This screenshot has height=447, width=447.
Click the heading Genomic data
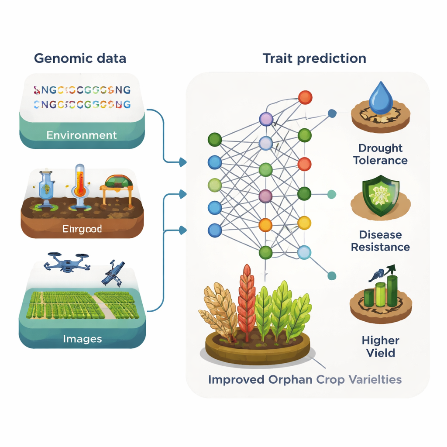tap(80, 58)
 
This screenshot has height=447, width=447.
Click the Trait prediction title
tap(314, 58)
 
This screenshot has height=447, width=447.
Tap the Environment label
tap(82, 135)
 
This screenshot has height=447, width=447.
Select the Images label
tap(82, 339)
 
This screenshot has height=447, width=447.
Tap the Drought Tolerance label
tap(380, 154)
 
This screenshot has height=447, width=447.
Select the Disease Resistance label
tap(380, 241)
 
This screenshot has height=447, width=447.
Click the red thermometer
tap(79, 182)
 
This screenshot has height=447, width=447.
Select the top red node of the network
tap(305, 97)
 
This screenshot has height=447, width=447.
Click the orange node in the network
tap(265, 225)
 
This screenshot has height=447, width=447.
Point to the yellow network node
tap(304, 223)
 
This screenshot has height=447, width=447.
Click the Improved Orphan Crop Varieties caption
tap(305, 379)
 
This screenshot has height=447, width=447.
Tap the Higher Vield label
tap(381, 346)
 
